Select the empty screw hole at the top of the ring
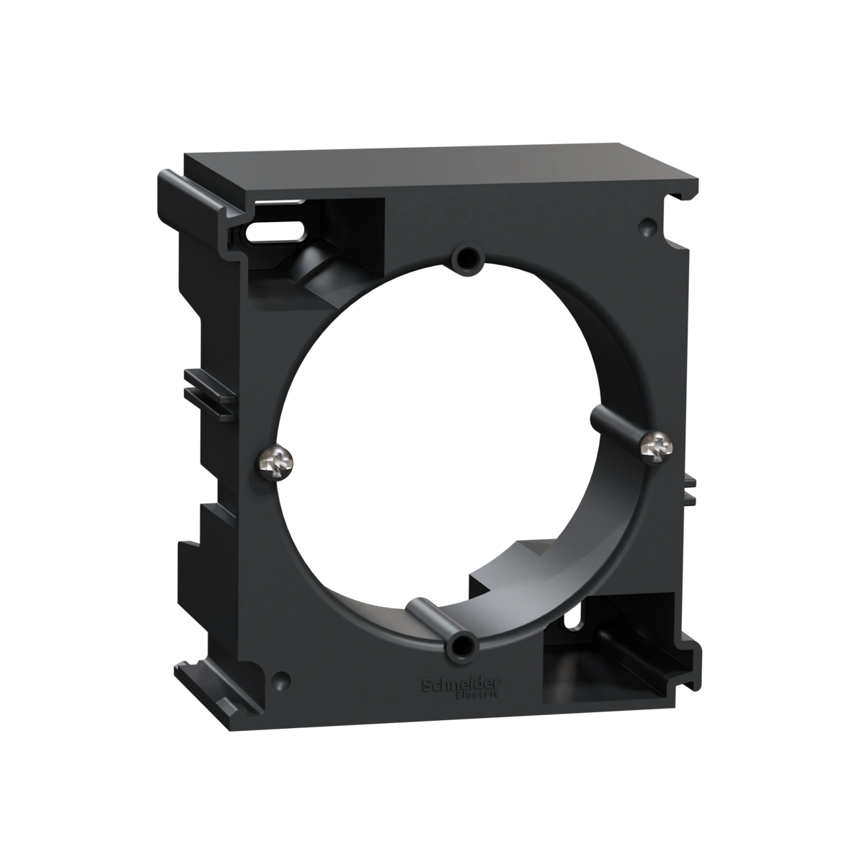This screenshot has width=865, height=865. tap(467, 257)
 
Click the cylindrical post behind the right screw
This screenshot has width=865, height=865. tap(617, 427)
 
